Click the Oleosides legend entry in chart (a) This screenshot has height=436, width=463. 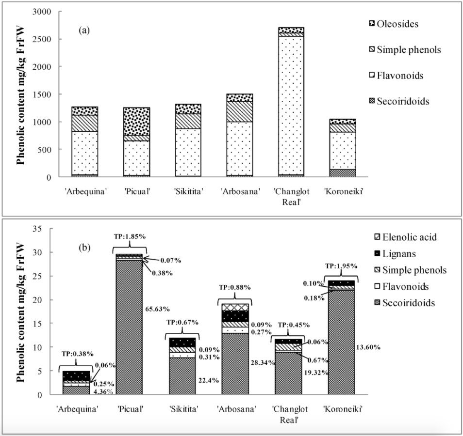(x=394, y=24)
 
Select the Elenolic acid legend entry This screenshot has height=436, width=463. (x=405, y=237)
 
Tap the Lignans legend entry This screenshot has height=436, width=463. (x=395, y=253)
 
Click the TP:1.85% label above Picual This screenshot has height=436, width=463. (x=130, y=236)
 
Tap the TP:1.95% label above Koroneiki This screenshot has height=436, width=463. (x=341, y=266)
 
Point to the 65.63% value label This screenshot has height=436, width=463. (x=157, y=309)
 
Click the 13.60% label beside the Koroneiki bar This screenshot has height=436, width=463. (x=368, y=347)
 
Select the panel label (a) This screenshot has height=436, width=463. (x=84, y=30)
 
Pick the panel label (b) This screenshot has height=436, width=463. (x=84, y=248)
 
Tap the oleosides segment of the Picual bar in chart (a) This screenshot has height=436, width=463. (x=137, y=122)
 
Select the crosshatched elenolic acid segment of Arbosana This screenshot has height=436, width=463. (x=235, y=308)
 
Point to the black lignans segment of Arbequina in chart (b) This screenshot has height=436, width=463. (x=76, y=376)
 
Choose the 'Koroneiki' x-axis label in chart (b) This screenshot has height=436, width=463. (x=343, y=409)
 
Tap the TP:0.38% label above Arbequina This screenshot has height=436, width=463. (x=78, y=354)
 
